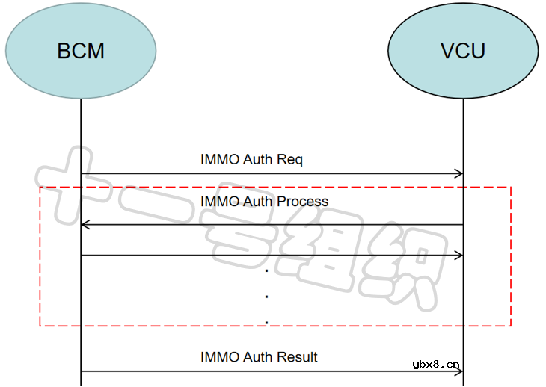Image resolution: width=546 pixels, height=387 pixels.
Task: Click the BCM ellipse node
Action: pyautogui.click(x=81, y=51)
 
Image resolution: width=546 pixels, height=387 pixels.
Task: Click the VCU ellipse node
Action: pyautogui.click(x=463, y=51)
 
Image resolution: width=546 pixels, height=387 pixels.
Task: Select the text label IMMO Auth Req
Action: pyautogui.click(x=251, y=159)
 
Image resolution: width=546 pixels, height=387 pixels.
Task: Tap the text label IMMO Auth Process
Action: pyautogui.click(x=264, y=202)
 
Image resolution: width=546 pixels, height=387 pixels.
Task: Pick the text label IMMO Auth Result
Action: pyautogui.click(x=259, y=357)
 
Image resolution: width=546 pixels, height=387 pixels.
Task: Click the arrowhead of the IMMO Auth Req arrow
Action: pyautogui.click(x=459, y=174)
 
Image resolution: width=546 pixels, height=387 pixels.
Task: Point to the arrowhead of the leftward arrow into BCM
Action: pyautogui.click(x=85, y=224)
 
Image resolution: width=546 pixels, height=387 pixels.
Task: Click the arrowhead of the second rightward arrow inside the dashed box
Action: pyautogui.click(x=459, y=255)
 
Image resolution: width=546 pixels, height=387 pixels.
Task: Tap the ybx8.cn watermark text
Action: pyautogui.click(x=436, y=365)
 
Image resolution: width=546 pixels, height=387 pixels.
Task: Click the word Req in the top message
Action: pyautogui.click(x=289, y=159)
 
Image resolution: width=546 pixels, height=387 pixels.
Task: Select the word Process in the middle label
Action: pyautogui.click(x=302, y=202)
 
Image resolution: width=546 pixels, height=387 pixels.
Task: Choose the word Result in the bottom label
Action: pyautogui.click(x=298, y=357)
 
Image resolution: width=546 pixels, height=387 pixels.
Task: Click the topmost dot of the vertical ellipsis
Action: pyautogui.click(x=266, y=270)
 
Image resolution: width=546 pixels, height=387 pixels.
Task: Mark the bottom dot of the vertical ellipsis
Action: pyautogui.click(x=266, y=323)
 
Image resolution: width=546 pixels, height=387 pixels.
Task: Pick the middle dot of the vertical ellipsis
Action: pyautogui.click(x=266, y=297)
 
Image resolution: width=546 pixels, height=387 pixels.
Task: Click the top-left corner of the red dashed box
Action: pyautogui.click(x=40, y=188)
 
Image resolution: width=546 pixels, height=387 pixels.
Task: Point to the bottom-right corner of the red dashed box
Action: pyautogui.click(x=510, y=326)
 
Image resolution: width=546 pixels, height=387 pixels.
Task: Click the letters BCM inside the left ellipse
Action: pyautogui.click(x=81, y=51)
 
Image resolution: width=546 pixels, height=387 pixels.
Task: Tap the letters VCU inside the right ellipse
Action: pyautogui.click(x=463, y=51)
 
